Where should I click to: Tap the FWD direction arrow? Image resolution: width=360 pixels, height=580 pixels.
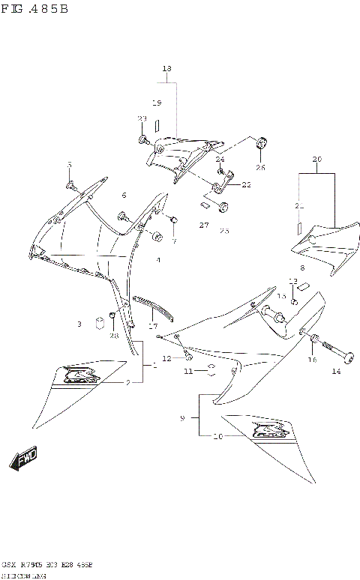pos(23,460)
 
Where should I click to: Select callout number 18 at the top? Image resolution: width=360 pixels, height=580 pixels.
pos(166,69)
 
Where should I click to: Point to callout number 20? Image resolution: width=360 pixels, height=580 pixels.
pos(316,159)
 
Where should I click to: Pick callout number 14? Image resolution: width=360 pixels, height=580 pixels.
pos(336,372)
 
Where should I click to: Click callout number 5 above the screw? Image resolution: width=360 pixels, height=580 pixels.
pos(70,165)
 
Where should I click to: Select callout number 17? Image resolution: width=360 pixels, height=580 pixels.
pos(153,326)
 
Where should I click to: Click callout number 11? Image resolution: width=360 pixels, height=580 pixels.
pos(189,371)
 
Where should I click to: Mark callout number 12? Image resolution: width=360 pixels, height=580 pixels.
pos(167,358)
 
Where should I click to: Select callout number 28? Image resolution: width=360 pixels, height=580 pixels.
pos(114,336)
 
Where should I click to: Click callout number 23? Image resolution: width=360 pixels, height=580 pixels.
pos(142,119)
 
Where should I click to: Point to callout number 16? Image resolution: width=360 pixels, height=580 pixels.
pos(312,360)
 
